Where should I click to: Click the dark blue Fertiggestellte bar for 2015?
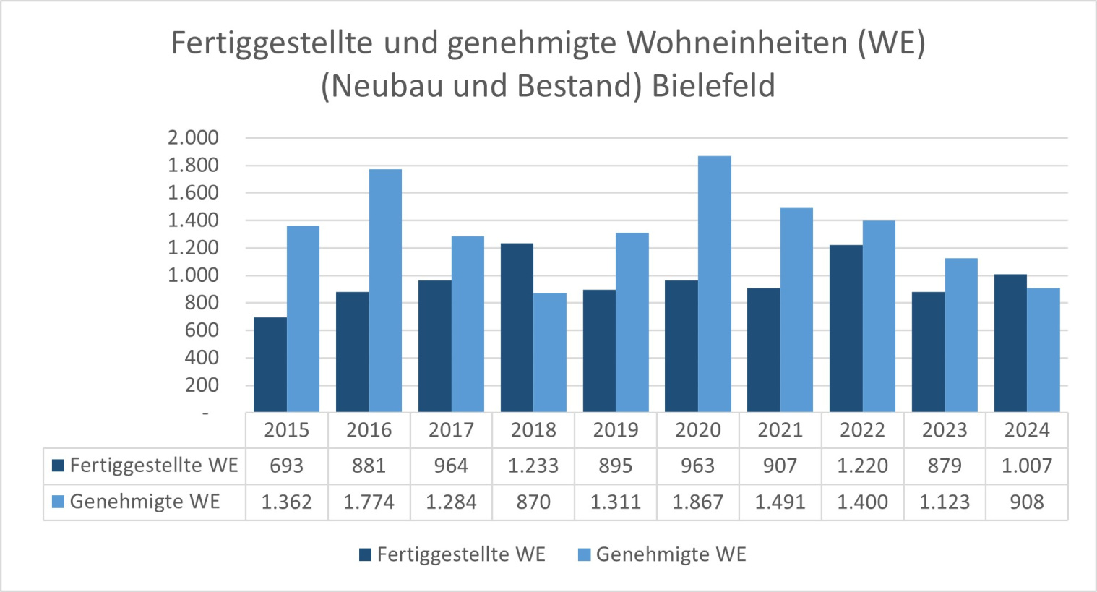point(270,365)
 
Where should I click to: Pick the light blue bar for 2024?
point(1043,351)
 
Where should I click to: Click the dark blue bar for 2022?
point(846,329)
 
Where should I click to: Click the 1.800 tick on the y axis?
point(193,166)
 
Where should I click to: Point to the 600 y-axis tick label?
point(202,330)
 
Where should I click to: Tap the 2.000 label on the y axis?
point(193,138)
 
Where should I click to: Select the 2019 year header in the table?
point(616,430)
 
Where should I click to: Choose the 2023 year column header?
point(945,430)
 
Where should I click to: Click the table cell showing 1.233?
point(533,466)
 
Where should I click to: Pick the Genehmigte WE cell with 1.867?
point(698,502)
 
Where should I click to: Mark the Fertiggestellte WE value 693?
point(287,466)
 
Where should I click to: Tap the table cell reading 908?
point(1027,502)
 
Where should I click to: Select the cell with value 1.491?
point(780,502)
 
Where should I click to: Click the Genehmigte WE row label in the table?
point(145,502)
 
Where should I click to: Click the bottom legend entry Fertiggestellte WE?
point(460,554)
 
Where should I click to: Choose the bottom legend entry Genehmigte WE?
point(670,554)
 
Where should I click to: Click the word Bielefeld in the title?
point(713,86)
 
